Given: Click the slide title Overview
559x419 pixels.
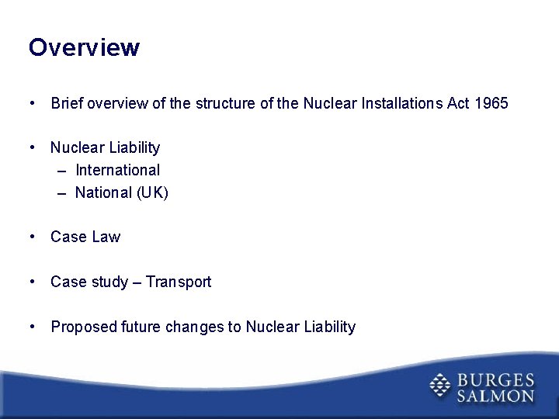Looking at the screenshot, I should click(x=84, y=48).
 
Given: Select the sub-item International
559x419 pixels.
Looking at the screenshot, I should click(x=117, y=170).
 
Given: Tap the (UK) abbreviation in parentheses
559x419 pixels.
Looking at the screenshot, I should click(x=152, y=192).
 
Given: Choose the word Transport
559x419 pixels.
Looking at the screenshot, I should click(x=179, y=282).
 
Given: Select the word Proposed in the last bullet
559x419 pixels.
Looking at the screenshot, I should click(x=84, y=327).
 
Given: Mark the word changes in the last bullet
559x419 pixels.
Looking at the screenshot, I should click(x=195, y=327).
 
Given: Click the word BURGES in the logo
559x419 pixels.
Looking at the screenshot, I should click(x=495, y=380).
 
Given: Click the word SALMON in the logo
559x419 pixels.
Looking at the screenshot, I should click(x=495, y=396).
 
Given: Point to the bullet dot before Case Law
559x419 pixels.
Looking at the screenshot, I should click(x=32, y=237).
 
